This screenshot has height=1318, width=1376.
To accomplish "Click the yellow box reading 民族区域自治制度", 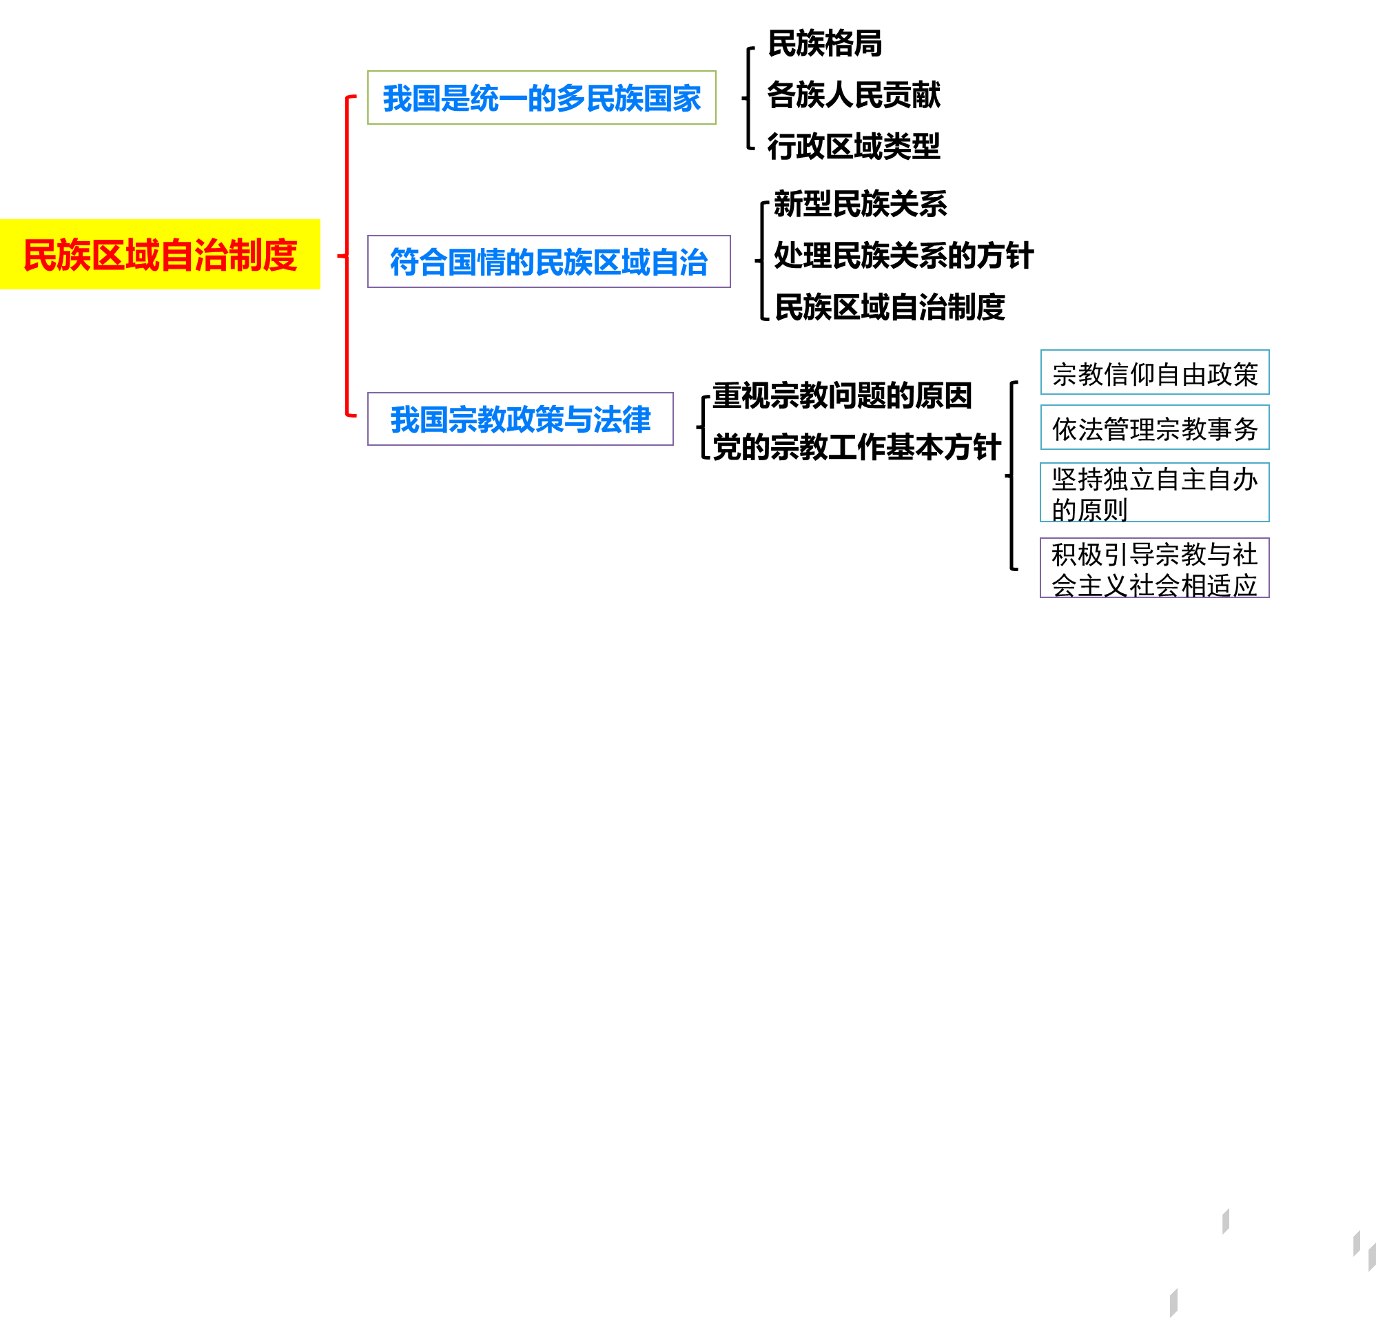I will tap(160, 254).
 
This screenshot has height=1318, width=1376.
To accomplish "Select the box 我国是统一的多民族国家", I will tap(542, 98).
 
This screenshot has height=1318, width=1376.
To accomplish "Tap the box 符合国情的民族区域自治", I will tap(548, 262).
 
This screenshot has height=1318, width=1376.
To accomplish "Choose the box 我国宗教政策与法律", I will tap(520, 419).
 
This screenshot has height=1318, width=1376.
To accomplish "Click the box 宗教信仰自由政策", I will tap(1154, 373).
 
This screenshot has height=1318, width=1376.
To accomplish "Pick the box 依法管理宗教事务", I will tap(1154, 427).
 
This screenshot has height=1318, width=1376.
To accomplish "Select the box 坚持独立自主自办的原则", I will tap(1154, 493).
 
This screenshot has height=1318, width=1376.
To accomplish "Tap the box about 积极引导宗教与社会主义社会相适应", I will tap(1154, 568).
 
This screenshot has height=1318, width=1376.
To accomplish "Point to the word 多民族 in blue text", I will tap(586, 99).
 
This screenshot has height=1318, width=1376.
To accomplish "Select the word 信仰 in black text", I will tap(1129, 374).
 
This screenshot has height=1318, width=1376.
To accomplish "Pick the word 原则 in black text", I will tap(1102, 510).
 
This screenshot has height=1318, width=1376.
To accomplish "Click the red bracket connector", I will tap(347, 257).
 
